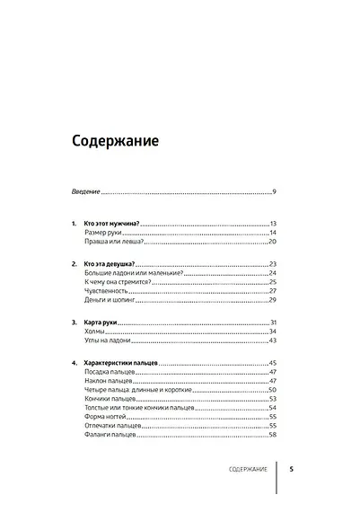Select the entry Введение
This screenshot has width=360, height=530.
click(x=86, y=191)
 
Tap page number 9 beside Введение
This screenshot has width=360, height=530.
click(x=274, y=191)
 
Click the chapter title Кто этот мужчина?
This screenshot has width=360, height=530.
click(x=114, y=223)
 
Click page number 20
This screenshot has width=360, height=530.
click(x=272, y=243)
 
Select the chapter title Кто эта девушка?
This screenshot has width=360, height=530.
click(x=114, y=263)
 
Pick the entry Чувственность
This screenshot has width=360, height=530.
click(x=108, y=291)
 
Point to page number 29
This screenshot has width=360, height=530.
click(x=272, y=301)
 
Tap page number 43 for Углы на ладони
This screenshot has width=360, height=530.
click(x=272, y=341)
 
